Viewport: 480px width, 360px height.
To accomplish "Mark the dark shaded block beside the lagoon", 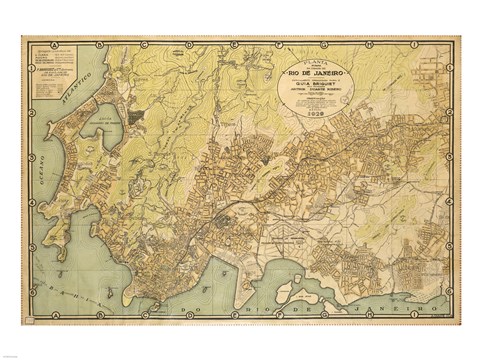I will [x=134, y=117].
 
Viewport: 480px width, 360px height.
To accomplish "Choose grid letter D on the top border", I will [x=191, y=43].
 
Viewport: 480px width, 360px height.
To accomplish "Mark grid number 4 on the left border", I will [x=29, y=201].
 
